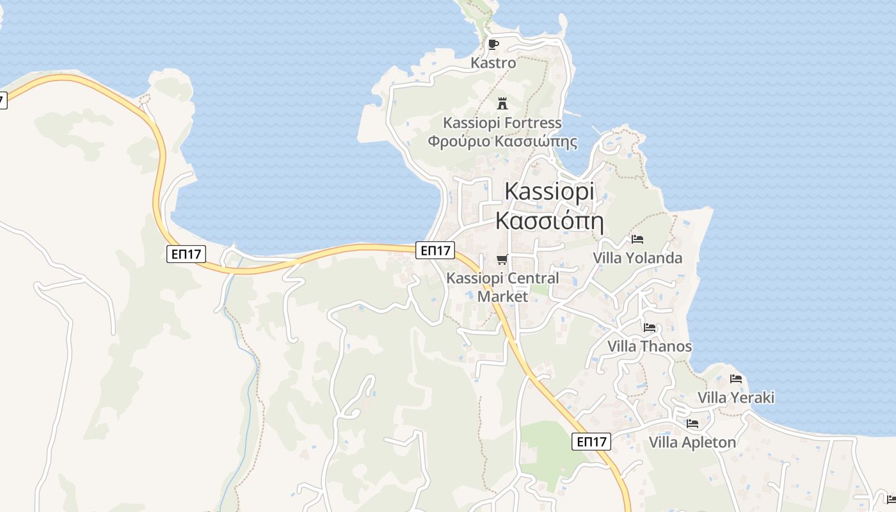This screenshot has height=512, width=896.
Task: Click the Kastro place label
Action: pyautogui.click(x=493, y=63)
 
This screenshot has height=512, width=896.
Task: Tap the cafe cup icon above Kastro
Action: pyautogui.click(x=493, y=44)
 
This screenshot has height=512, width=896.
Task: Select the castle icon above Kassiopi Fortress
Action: pyautogui.click(x=502, y=103)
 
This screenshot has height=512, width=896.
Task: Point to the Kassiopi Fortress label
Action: pyautogui.click(x=502, y=122)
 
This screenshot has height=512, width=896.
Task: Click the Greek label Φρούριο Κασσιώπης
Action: pyautogui.click(x=502, y=141)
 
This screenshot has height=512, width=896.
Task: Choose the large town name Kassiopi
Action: pyautogui.click(x=549, y=191)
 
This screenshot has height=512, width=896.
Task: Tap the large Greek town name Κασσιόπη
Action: pyautogui.click(x=549, y=221)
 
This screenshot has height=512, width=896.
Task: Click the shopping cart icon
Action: pyautogui.click(x=502, y=259)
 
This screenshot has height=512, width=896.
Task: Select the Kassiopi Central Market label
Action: pyautogui.click(x=502, y=287)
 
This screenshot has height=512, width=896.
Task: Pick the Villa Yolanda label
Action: pyautogui.click(x=637, y=258)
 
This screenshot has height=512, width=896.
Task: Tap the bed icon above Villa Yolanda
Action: pyautogui.click(x=637, y=239)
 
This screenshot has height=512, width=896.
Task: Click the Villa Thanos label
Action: pyautogui.click(x=650, y=346)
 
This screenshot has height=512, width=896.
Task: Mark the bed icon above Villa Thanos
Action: pyautogui.click(x=650, y=328)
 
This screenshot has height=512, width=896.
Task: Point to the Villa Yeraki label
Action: pyautogui.click(x=736, y=397)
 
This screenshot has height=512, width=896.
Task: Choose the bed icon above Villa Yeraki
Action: pyautogui.click(x=736, y=379)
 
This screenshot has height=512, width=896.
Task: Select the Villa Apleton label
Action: pyautogui.click(x=692, y=442)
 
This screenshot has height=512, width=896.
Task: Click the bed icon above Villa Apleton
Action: pyautogui.click(x=692, y=424)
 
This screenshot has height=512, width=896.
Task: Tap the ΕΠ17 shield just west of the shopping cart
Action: pyautogui.click(x=435, y=250)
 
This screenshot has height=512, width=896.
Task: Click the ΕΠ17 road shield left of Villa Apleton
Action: pyautogui.click(x=591, y=442)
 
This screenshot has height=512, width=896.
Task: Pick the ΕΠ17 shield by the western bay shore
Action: pyautogui.click(x=187, y=254)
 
